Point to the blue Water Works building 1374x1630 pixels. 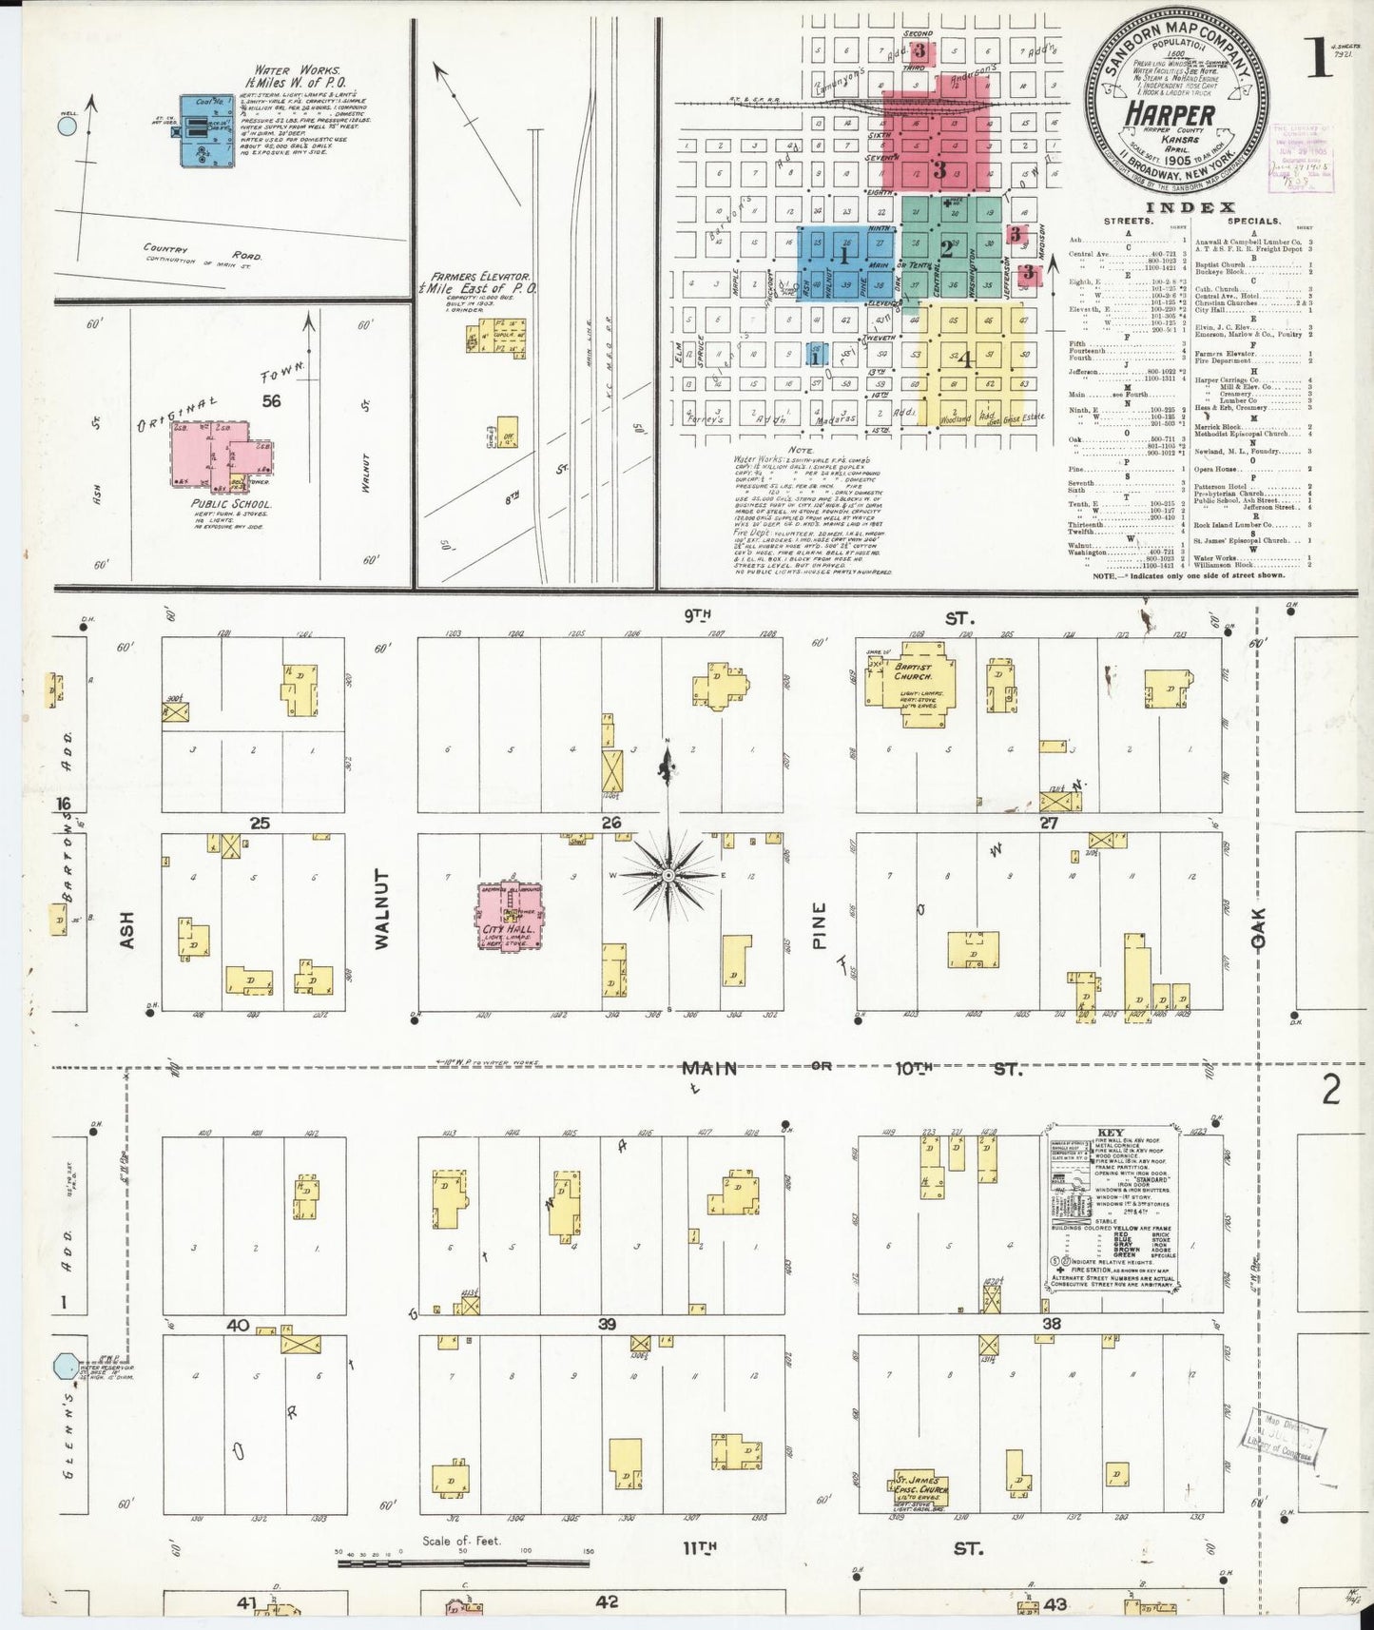pos(204,130)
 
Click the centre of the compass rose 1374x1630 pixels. pos(668,874)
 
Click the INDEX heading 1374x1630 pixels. pos(1190,207)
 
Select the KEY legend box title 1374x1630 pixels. pos(1111,1134)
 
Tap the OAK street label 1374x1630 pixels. pos(1259,926)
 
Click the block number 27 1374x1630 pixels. pos(1048,823)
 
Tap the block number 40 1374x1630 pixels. pos(237,1325)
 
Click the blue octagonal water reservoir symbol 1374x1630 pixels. pos(67,1367)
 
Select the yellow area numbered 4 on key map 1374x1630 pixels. pos(965,359)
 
